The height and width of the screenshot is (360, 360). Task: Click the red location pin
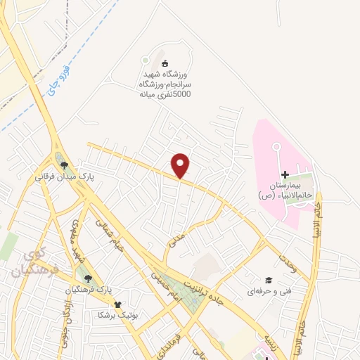(181, 165)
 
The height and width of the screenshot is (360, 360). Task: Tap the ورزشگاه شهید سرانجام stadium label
(164, 83)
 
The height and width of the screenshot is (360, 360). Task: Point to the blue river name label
(52, 82)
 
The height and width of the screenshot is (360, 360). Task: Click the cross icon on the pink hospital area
(285, 174)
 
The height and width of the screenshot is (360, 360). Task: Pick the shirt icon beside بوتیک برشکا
(117, 304)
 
